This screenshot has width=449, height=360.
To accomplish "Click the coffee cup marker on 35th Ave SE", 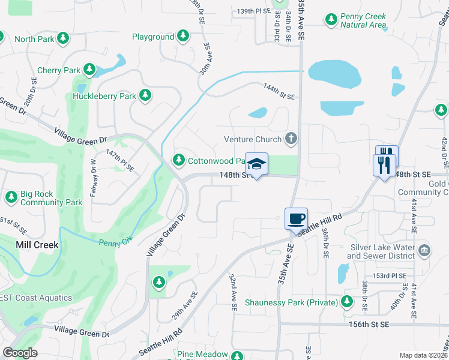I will tap(296, 218).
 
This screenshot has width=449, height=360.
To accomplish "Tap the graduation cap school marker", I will tap(256, 164).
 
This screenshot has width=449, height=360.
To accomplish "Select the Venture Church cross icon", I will tap(291, 139).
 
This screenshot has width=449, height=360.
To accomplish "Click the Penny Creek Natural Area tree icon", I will tap(331, 20).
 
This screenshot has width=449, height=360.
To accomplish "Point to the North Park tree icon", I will tap(63, 39).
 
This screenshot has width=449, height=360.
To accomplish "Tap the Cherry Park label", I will tap(58, 70).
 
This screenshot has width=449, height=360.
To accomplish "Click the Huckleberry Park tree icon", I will tap(145, 95).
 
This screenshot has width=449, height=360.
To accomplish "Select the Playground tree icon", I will tap(182, 37).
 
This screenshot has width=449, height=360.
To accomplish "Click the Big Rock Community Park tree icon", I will tap(11, 197).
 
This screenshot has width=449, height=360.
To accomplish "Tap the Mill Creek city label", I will tap(37, 245).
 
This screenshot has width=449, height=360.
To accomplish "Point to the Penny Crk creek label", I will tap(112, 241).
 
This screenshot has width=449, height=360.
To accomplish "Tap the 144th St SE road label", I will tap(280, 91).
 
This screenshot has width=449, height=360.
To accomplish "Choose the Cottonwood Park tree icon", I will tap(178, 160).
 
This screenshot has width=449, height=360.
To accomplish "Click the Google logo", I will tap(20, 352).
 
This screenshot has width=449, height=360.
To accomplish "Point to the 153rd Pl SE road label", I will tap(390, 275).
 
